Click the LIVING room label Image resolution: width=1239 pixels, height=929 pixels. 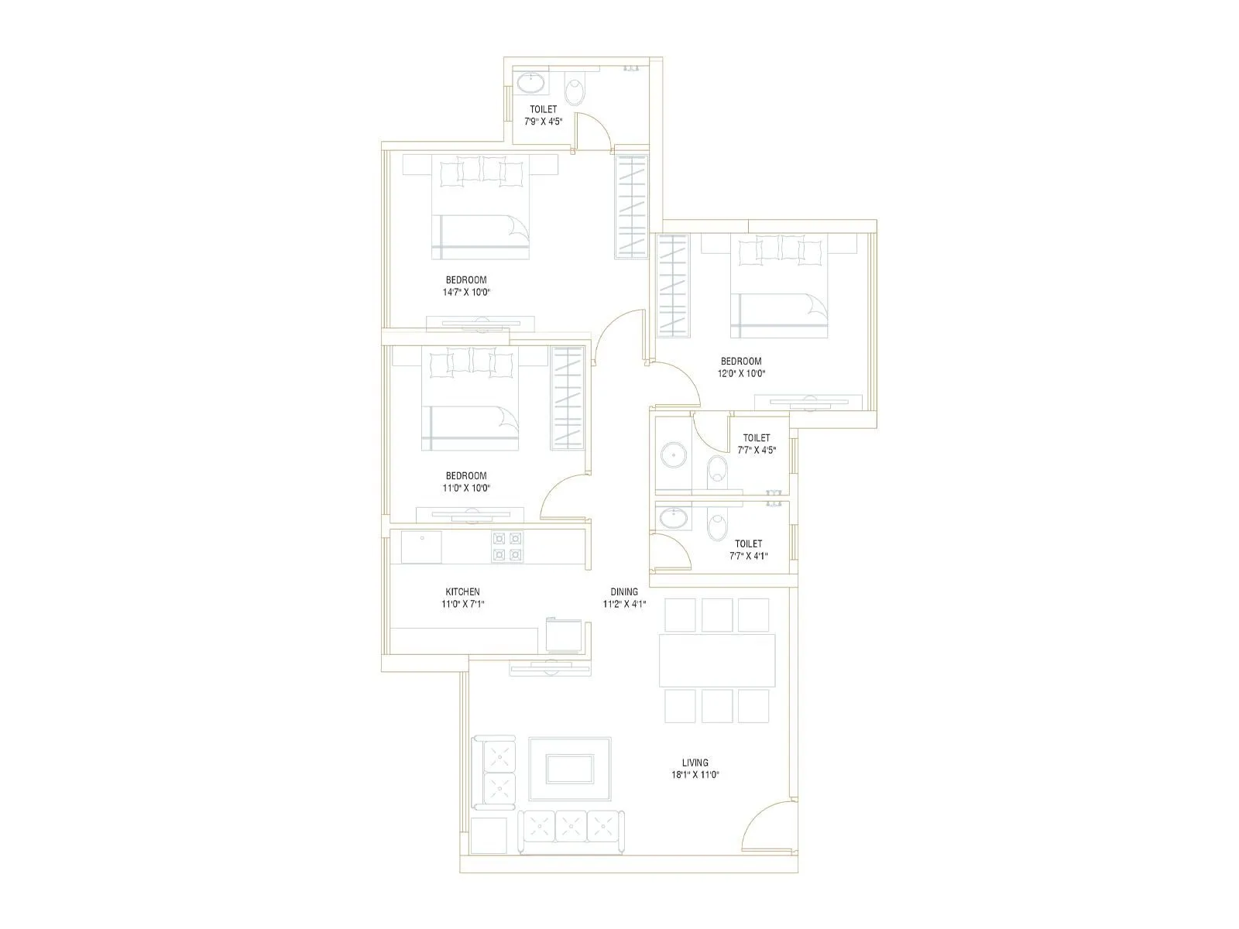(x=695, y=763)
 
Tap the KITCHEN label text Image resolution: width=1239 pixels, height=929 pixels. (x=462, y=591)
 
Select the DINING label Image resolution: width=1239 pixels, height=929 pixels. (x=624, y=591)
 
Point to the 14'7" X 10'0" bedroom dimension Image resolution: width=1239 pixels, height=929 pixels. (x=467, y=293)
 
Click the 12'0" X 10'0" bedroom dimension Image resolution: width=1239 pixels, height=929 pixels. (x=741, y=373)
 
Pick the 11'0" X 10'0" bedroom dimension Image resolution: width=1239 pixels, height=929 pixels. (x=467, y=488)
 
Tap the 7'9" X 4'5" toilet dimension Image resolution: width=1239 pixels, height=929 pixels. (x=543, y=121)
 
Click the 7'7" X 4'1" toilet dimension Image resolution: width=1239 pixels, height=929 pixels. (x=748, y=555)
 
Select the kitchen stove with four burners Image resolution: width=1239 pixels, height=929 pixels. (x=507, y=546)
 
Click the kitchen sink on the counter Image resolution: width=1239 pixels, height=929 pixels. (x=421, y=547)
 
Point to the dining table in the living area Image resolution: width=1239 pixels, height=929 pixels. (x=716, y=660)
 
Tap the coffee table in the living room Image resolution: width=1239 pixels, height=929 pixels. (x=570, y=769)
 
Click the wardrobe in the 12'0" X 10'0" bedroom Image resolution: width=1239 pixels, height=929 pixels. (x=673, y=285)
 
